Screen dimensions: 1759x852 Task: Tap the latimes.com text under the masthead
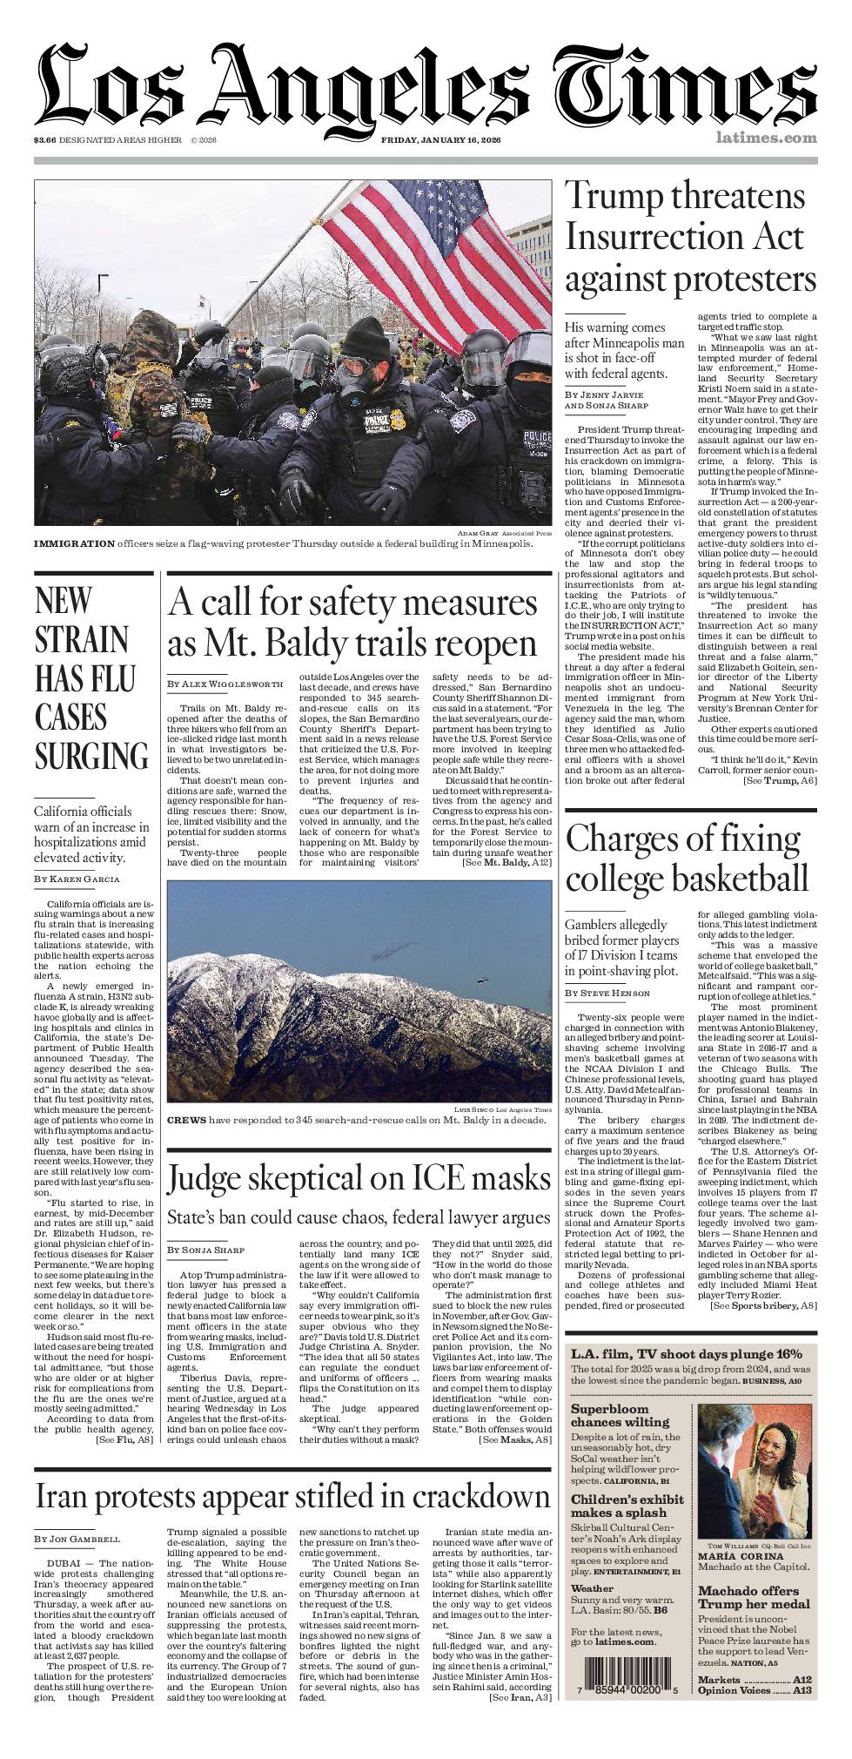(x=767, y=138)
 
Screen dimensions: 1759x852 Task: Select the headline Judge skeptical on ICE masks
(x=359, y=1179)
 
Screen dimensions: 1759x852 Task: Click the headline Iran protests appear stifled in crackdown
(x=292, y=1496)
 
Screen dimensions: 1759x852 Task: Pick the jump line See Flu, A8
(x=125, y=1441)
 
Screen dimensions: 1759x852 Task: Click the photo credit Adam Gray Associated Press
(x=504, y=533)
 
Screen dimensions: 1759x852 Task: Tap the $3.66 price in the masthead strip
(x=44, y=140)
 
